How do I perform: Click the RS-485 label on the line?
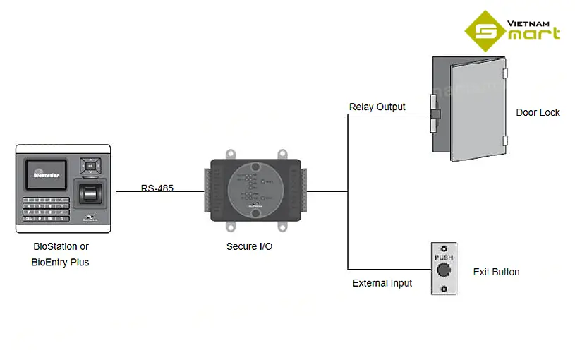(157, 188)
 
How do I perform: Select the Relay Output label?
(377, 107)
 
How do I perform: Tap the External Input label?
(382, 283)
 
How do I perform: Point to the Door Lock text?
(538, 112)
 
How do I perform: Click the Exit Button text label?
(496, 272)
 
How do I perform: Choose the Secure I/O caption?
(249, 246)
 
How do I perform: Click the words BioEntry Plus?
(61, 262)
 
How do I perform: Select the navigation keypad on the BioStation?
(90, 166)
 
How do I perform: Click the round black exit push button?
(443, 271)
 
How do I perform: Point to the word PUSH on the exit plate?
(443, 258)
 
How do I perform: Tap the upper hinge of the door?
(504, 73)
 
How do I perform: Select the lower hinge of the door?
(504, 140)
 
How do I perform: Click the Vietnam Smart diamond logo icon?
(485, 31)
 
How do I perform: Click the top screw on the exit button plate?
(443, 248)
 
